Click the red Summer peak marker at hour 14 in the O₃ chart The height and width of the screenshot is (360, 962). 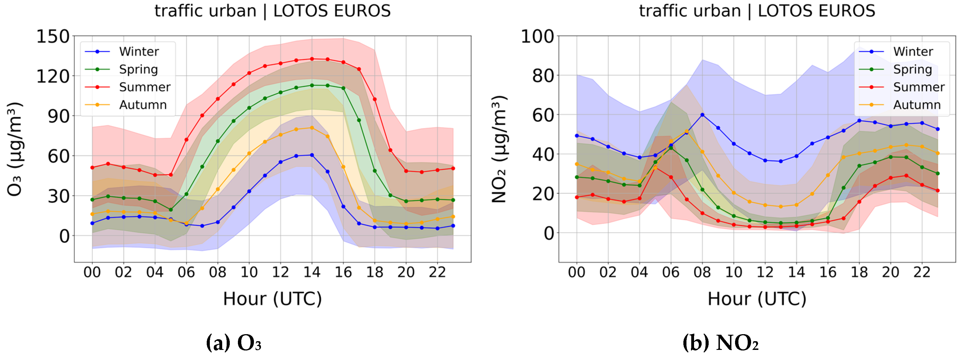[x=312, y=59]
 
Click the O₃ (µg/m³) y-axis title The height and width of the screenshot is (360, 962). [x=15, y=149]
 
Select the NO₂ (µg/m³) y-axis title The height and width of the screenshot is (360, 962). [x=499, y=149]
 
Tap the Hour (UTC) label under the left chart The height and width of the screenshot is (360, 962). [x=272, y=299]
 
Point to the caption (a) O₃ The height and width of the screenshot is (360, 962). [x=234, y=342]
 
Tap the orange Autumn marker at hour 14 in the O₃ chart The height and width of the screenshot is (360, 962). [x=312, y=128]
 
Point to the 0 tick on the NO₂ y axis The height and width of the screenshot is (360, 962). [x=549, y=234]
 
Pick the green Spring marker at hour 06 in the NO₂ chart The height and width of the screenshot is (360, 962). [x=671, y=148]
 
